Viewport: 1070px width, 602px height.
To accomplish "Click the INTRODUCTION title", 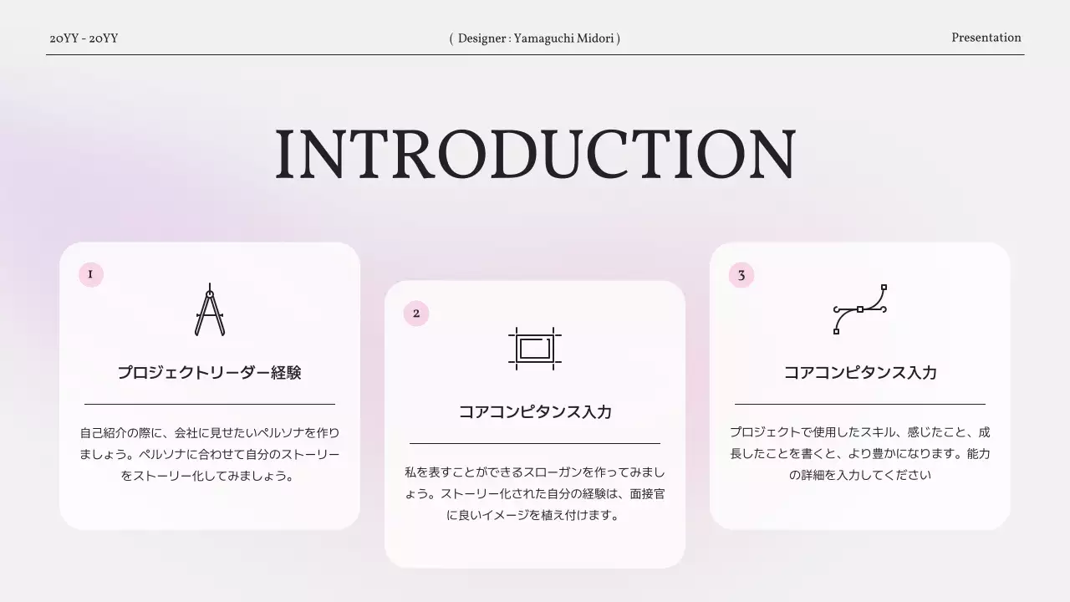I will click(x=535, y=156).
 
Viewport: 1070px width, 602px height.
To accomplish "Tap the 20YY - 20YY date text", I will click(x=84, y=38).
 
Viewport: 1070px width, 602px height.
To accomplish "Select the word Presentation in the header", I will click(x=986, y=38).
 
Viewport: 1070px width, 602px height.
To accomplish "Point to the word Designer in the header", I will click(x=481, y=38).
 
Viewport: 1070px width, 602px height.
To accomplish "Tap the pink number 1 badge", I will click(x=90, y=274).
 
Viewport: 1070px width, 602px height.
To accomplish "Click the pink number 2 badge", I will click(x=416, y=314).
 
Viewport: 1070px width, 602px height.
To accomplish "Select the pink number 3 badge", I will click(x=741, y=275).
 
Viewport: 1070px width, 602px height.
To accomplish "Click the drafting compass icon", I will click(x=210, y=310).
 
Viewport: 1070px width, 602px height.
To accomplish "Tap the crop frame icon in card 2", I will click(x=535, y=348).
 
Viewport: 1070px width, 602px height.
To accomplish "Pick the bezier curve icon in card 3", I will click(x=860, y=309).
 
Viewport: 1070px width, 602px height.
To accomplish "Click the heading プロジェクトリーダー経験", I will click(x=209, y=373).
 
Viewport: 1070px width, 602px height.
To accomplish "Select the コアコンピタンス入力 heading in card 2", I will click(x=535, y=412).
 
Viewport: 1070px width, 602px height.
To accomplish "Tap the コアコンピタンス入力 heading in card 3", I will click(x=860, y=373).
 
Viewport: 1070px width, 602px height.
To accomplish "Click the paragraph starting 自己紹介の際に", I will click(x=210, y=454).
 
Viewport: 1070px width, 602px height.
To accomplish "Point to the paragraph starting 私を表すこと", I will click(x=535, y=493).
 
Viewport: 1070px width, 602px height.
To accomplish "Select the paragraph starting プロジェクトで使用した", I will click(x=860, y=454).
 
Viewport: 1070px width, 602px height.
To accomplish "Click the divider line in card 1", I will click(x=210, y=404).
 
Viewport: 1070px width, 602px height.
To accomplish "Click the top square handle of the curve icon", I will click(x=884, y=287).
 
